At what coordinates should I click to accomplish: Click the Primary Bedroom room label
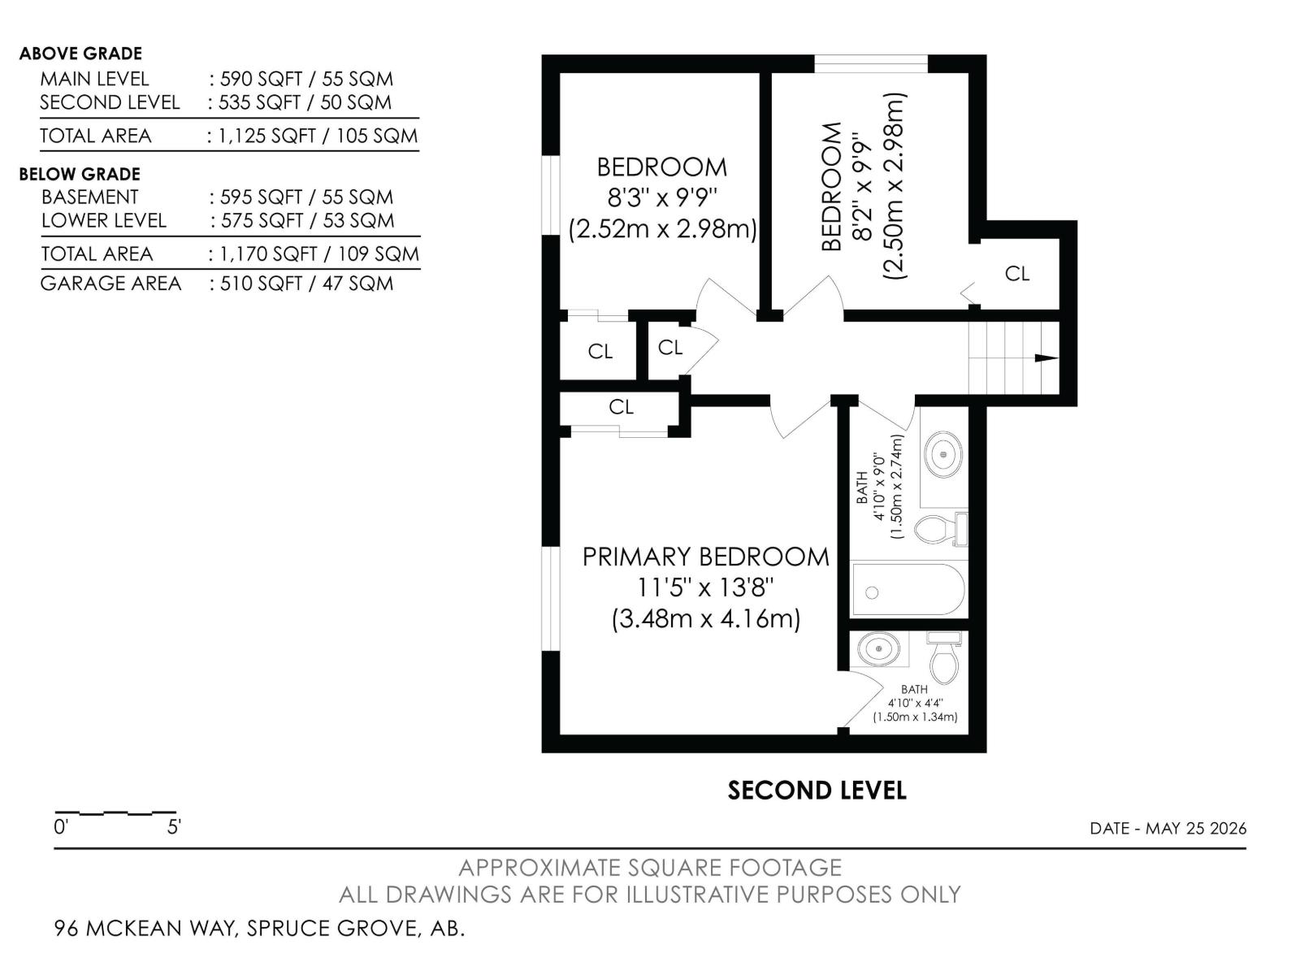[705, 557]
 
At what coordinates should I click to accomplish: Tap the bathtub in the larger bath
[908, 590]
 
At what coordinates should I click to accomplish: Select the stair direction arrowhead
[1046, 357]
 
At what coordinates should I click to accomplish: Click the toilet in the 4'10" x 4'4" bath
[944, 657]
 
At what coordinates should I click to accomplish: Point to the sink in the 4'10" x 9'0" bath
[942, 455]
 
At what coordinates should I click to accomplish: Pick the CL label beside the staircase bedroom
[1017, 274]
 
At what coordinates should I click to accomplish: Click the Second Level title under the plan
[817, 791]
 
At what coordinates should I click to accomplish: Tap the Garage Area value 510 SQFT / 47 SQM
[307, 284]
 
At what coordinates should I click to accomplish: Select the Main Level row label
[94, 79]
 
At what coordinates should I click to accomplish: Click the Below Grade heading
[80, 174]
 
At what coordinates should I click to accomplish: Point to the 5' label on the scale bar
[174, 826]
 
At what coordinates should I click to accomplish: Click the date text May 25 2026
[1196, 828]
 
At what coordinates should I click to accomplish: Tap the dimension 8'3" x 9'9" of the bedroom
[662, 197]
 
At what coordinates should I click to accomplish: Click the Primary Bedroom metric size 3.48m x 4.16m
[706, 619]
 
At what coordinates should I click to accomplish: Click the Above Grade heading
[80, 54]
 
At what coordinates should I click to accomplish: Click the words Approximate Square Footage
[650, 868]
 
